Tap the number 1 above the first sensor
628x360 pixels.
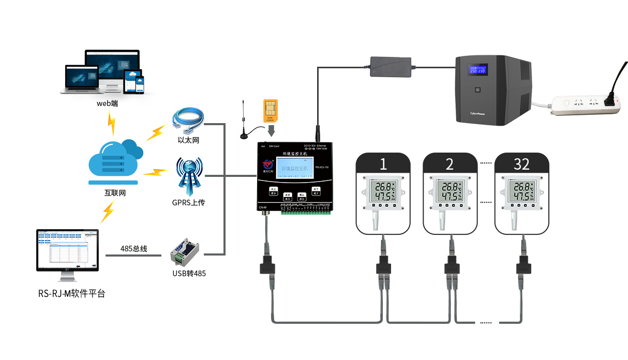click(383, 164)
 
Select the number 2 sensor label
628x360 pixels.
click(450, 164)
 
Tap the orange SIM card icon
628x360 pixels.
click(271, 110)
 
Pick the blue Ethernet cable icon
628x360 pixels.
click(188, 122)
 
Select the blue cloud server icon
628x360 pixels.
click(115, 161)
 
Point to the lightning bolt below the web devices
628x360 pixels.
click(111, 124)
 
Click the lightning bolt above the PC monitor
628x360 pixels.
click(108, 212)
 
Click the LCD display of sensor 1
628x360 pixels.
click(383, 191)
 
